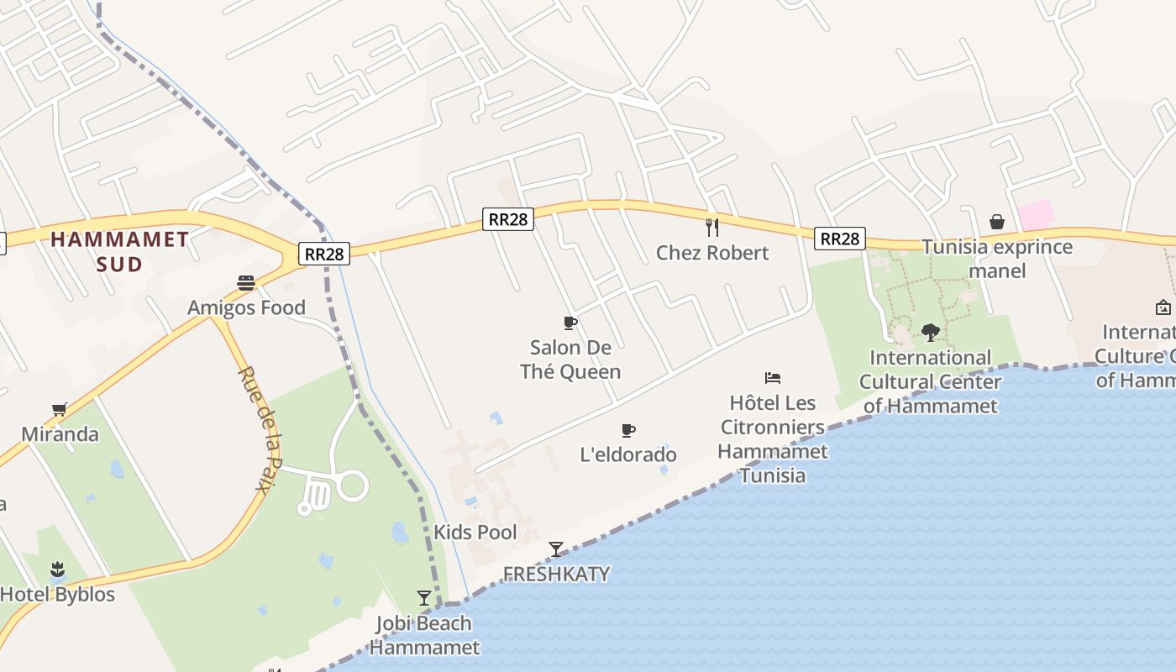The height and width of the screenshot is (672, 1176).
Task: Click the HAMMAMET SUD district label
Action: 119,251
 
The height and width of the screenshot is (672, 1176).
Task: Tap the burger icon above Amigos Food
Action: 246,283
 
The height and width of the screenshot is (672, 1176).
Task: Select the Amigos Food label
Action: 246,307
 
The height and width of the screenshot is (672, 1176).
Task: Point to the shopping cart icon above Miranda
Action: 60,410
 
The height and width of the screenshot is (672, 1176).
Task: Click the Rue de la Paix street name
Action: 259,430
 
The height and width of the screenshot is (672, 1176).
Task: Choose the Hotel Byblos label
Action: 57,594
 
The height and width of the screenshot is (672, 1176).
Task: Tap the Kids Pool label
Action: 475,532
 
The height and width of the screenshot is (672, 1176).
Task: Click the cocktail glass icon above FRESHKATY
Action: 556,549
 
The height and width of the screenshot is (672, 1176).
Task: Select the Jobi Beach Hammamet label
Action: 424,635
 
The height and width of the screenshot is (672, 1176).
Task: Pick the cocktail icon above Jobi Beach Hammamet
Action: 424,598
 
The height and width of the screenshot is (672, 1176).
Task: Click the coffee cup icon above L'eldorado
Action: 627,431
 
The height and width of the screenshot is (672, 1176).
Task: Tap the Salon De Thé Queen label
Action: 570,359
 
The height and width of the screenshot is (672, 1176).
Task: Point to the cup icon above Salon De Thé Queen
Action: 570,323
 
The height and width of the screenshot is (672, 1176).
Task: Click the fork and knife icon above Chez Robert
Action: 712,227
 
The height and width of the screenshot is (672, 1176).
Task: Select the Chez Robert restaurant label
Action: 712,253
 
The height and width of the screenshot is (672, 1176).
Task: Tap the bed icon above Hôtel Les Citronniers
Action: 773,378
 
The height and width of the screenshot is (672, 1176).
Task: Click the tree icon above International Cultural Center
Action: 930,333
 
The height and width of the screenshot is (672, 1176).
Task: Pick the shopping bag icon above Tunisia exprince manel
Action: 997,222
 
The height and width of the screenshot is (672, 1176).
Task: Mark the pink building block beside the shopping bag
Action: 1037,214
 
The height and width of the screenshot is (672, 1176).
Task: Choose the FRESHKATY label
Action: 556,574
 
